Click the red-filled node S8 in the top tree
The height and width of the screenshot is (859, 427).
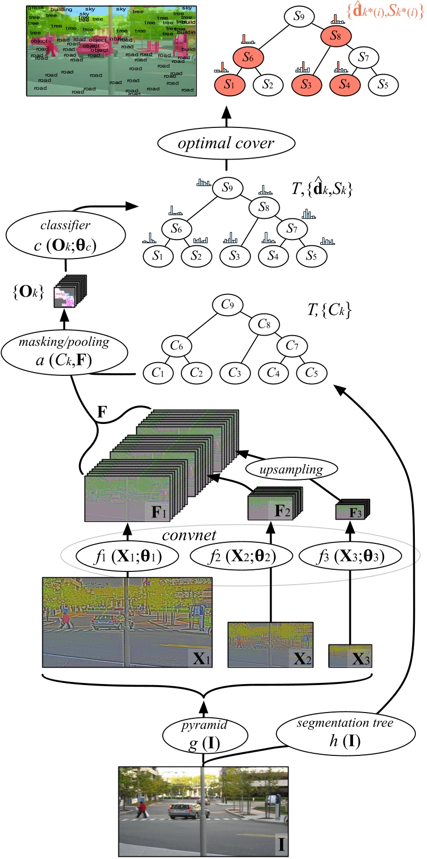(x=336, y=36)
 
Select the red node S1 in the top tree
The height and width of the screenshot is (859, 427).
(x=229, y=84)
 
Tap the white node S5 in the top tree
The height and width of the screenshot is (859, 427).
(x=383, y=84)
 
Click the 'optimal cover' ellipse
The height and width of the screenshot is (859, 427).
(x=226, y=143)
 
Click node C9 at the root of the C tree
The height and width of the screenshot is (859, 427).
(x=228, y=304)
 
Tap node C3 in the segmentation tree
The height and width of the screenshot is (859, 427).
(x=235, y=373)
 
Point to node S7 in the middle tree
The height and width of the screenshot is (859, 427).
(x=292, y=228)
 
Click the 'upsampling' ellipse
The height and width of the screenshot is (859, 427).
(x=291, y=468)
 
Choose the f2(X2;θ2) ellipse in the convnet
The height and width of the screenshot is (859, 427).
(x=240, y=556)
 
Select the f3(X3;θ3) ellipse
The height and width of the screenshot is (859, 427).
(x=349, y=556)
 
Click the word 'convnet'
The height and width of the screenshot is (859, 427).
(x=189, y=535)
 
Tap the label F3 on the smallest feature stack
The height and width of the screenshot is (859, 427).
(x=356, y=513)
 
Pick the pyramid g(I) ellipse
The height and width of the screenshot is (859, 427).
(x=205, y=735)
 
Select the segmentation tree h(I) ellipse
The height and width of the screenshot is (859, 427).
(x=344, y=732)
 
